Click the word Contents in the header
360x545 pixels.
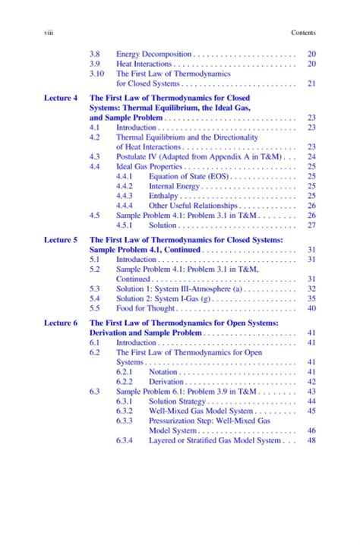[303, 33]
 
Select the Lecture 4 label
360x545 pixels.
[61, 99]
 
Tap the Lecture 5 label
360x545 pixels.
[61, 239]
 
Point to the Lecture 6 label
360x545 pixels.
[61, 323]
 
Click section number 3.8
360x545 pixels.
[95, 55]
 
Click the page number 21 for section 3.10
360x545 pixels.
[311, 83]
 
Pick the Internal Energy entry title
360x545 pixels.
[174, 186]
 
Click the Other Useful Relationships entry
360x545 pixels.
[194, 205]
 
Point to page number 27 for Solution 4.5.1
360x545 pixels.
[311, 225]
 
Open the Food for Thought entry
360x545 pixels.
[148, 308]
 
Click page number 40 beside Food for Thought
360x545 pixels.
[311, 308]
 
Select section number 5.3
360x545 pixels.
[95, 288]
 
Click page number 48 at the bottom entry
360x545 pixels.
[311, 440]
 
